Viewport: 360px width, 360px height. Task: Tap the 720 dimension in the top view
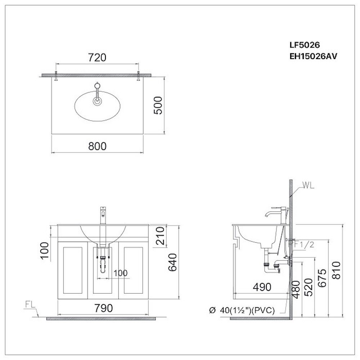tap(97, 57)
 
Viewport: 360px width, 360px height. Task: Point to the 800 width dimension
tap(97, 146)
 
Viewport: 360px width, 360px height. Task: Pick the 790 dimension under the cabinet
tap(104, 308)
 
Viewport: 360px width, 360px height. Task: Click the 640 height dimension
tap(172, 262)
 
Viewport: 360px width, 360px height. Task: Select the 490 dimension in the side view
tap(261, 287)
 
